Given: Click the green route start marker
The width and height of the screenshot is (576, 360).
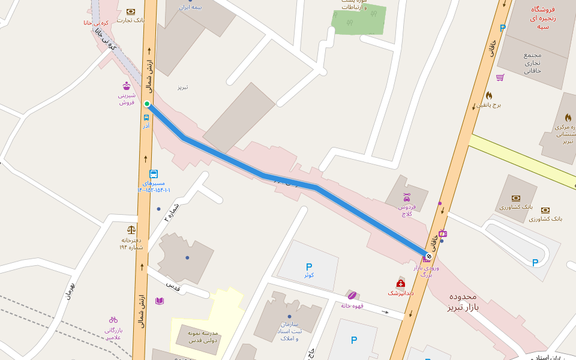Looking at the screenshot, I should point(147,104).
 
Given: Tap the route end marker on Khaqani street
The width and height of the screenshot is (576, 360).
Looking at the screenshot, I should point(428,256).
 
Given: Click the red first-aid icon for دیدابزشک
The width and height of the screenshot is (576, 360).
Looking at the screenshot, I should point(400,283).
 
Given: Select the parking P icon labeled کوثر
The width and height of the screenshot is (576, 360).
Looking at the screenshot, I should point(309,266).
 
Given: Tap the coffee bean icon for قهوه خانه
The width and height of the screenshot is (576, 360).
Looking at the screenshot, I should point(352,295).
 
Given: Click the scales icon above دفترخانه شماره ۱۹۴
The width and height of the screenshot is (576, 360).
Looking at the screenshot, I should point(131,229).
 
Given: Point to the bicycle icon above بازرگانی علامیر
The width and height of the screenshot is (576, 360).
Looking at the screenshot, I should point(113,319).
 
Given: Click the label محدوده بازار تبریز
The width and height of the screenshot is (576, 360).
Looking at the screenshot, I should point(463,302).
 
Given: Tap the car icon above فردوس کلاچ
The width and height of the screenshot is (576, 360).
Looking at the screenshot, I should point(407,197).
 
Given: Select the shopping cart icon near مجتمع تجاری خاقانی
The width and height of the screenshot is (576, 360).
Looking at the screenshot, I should point(500,77).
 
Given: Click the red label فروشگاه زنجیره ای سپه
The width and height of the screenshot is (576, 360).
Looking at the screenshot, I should point(543,18).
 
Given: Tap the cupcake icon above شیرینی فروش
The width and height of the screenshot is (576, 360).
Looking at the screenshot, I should point(127,86).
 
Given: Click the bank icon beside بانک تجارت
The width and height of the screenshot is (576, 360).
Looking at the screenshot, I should point(131,11).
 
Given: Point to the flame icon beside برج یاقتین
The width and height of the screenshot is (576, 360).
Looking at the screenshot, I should point(489,95).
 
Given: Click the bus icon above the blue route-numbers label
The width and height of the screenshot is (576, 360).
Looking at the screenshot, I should point(154,174).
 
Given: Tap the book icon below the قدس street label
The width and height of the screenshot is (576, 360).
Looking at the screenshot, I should point(160,301).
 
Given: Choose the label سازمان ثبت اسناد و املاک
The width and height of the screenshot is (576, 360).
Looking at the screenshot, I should point(289,331).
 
